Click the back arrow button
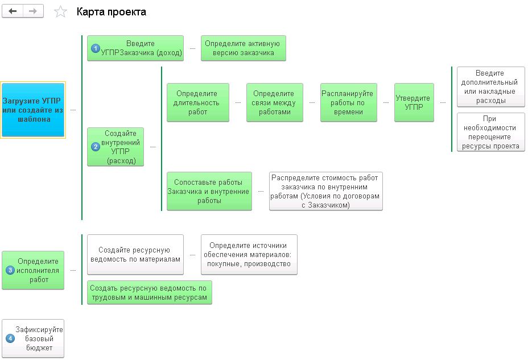click(x=13, y=11)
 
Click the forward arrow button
click(x=33, y=11)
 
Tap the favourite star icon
click(x=60, y=12)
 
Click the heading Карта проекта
click(x=111, y=12)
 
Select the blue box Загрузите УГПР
click(x=34, y=110)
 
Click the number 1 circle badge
click(x=96, y=49)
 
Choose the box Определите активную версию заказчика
click(x=243, y=48)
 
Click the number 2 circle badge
click(x=96, y=147)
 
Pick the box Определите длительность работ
click(x=197, y=102)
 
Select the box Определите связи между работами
click(x=274, y=102)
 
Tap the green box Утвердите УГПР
click(x=414, y=102)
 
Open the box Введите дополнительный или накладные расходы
click(x=490, y=87)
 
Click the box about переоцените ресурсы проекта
click(x=490, y=132)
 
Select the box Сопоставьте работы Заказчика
click(x=209, y=191)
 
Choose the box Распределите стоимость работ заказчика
click(x=325, y=191)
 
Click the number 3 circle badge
click(x=10, y=271)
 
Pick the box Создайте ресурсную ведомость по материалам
click(x=135, y=254)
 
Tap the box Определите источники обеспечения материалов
click(x=249, y=254)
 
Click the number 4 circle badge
click(x=10, y=339)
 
